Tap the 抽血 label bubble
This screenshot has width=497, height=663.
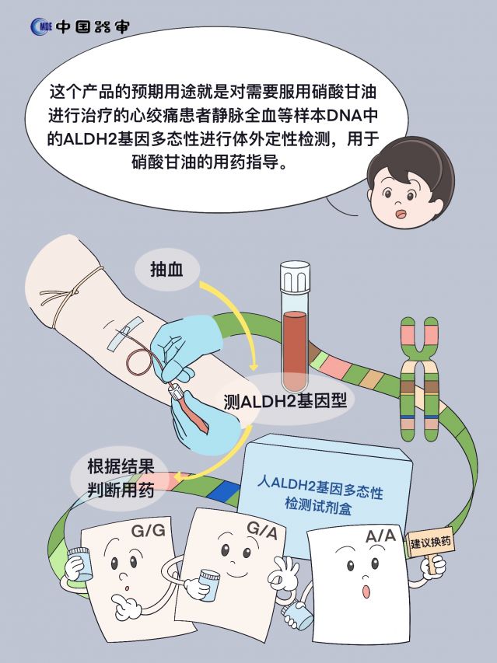[x=167, y=270]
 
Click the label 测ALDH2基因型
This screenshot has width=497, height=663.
[x=285, y=400]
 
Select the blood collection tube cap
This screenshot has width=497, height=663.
[x=295, y=277]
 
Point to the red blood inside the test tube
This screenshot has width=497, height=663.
[x=295, y=350]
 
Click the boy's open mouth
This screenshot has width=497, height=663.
[x=400, y=215]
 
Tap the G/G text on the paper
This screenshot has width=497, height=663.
[x=148, y=530]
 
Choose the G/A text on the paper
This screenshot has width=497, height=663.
[x=262, y=531]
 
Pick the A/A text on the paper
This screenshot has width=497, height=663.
[x=380, y=536]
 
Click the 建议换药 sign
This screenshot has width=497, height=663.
[x=431, y=542]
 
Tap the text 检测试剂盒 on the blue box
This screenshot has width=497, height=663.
[x=318, y=505]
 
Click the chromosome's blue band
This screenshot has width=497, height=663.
[x=418, y=417]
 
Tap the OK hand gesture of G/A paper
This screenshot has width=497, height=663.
[x=283, y=571]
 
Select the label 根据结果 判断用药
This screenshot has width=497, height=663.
[x=121, y=479]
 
